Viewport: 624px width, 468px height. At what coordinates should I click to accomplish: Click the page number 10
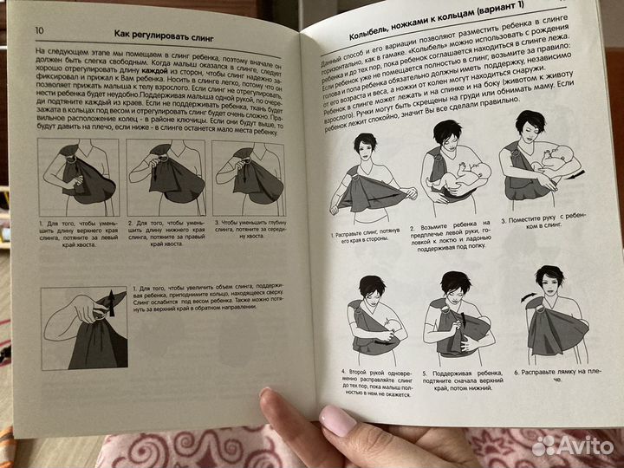(39, 30)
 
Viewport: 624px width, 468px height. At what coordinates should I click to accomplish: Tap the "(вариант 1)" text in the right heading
(520, 16)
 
